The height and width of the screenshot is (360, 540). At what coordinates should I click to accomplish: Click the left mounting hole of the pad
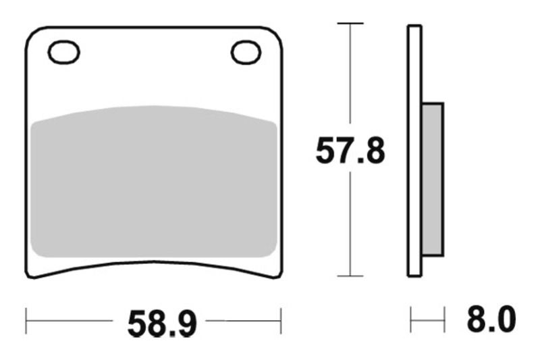(64, 52)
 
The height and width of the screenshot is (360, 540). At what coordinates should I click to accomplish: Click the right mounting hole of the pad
(246, 52)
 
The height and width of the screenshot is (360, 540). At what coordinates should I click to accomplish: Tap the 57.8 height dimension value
(350, 152)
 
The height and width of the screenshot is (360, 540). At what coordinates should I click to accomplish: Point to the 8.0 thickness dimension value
(491, 320)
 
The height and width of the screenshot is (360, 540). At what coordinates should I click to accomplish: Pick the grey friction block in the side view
(432, 179)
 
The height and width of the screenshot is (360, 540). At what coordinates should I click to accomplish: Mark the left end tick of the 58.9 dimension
(26, 322)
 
